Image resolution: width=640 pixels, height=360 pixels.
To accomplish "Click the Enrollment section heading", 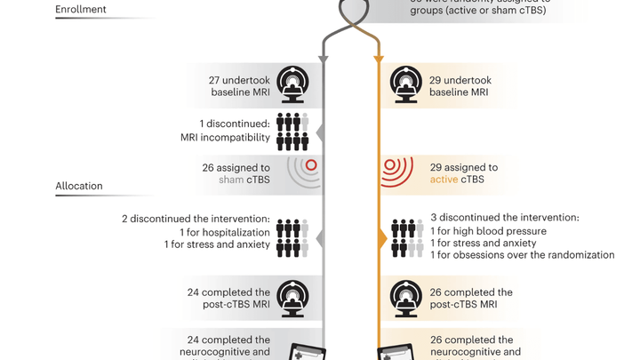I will tap(81, 10).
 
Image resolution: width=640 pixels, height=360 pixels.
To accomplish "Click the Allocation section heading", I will tap(79, 186).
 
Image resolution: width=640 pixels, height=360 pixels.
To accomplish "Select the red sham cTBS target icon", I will tap(310, 165).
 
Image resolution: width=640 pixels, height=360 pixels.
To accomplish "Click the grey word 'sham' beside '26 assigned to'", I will tap(232, 180).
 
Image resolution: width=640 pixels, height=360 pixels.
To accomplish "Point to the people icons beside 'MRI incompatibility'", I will tap(292, 131).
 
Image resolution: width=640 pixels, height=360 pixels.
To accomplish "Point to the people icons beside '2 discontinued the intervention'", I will tap(292, 237).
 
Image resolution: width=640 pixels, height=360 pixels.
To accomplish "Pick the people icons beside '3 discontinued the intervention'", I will tap(407, 237).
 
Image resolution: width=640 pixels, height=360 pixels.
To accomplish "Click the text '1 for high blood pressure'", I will tap(488, 231).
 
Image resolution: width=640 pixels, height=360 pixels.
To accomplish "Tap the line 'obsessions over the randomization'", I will tap(532, 255).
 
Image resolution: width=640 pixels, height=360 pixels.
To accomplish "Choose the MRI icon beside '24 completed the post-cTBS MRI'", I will tap(292, 298).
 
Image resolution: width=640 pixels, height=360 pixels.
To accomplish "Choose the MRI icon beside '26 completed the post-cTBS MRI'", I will tap(407, 298).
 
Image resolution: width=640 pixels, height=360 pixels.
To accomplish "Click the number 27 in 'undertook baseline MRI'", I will tap(215, 80).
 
